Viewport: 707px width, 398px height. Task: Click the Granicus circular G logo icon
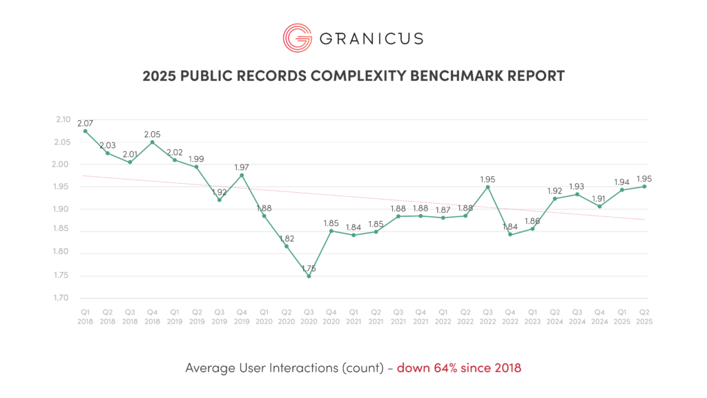click(x=297, y=37)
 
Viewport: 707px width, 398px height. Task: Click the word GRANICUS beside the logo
click(x=371, y=38)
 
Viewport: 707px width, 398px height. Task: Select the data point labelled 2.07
click(x=85, y=131)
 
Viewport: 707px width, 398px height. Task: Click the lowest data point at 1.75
click(x=309, y=276)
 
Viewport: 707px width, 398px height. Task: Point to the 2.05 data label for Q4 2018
click(x=152, y=135)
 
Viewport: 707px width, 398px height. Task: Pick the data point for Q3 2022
click(x=487, y=187)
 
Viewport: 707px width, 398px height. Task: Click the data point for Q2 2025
click(x=644, y=187)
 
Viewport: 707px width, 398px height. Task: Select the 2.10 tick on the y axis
click(x=63, y=120)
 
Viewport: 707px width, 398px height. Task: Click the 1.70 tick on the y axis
click(x=63, y=298)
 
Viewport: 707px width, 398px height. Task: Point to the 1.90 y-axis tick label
click(x=63, y=209)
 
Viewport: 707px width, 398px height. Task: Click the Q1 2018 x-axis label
click(x=85, y=316)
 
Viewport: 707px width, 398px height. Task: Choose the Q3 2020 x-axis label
click(x=309, y=316)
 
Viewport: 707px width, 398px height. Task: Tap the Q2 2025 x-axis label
click(x=644, y=316)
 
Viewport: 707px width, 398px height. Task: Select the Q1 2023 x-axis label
click(x=532, y=316)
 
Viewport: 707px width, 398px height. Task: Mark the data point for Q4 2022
click(x=510, y=234)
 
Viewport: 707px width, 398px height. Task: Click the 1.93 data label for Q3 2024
click(x=577, y=187)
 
